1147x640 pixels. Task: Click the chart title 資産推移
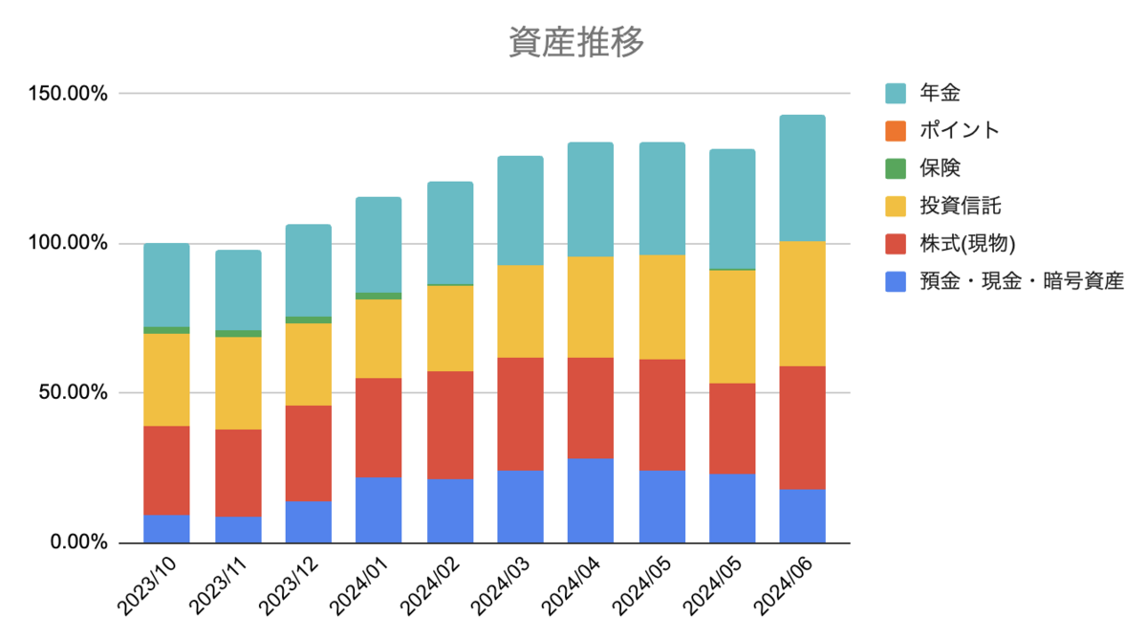tap(576, 42)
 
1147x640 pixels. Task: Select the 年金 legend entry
tap(922, 93)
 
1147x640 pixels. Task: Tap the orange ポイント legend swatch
tap(896, 131)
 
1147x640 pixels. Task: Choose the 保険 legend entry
tap(922, 168)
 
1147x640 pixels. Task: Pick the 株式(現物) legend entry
tap(950, 244)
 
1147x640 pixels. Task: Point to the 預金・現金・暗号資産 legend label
tap(1022, 281)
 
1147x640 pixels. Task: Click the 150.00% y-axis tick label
tap(68, 94)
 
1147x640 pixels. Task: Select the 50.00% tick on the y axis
tap(74, 393)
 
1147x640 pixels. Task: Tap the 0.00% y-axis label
tap(78, 542)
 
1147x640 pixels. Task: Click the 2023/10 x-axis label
tap(147, 585)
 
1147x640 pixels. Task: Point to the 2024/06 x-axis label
tap(783, 585)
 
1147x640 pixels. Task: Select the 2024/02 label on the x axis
tap(429, 585)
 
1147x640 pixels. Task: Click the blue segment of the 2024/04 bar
tap(591, 500)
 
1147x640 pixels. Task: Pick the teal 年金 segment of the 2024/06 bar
tap(802, 178)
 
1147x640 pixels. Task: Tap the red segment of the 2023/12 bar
tap(308, 453)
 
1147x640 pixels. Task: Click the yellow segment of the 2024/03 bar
tap(520, 312)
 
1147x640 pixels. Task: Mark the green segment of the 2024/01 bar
tap(379, 297)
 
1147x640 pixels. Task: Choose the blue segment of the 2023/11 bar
tap(238, 530)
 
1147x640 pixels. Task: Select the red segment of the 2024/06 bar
tap(802, 428)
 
